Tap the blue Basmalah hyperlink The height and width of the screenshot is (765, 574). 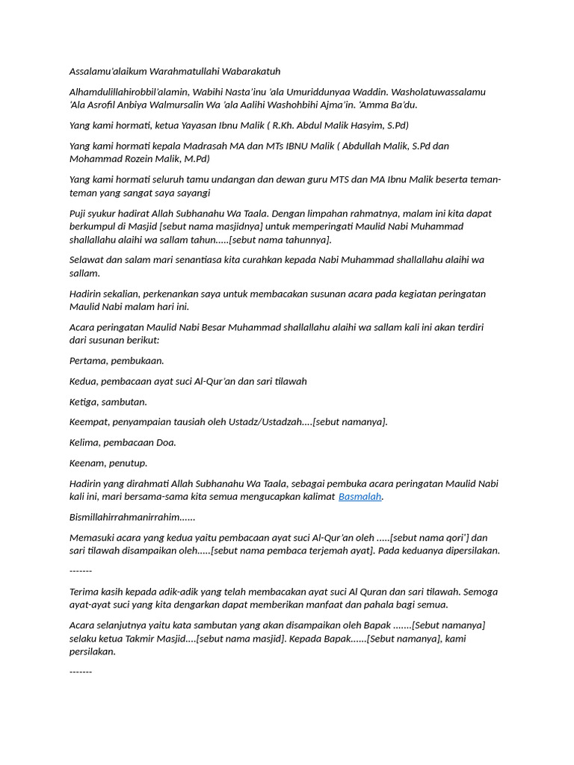pos(360,497)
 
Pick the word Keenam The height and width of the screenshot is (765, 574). pos(87,463)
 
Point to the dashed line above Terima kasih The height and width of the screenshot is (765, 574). pos(81,572)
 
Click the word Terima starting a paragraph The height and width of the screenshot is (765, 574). pos(85,592)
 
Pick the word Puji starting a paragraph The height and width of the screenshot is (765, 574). pos(79,214)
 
